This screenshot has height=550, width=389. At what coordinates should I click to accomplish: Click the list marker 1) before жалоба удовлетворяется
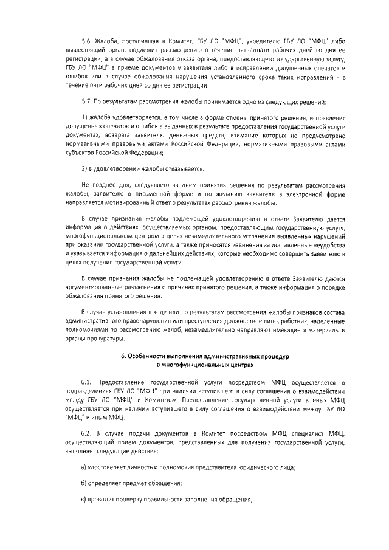[84, 116]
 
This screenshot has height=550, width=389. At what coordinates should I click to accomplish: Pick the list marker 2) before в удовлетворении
[84, 168]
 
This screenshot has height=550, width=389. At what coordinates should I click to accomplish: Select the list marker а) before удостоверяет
[84, 467]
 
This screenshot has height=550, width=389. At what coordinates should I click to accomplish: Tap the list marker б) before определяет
[84, 483]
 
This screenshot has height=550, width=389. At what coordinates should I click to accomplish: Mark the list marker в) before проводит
[84, 500]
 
